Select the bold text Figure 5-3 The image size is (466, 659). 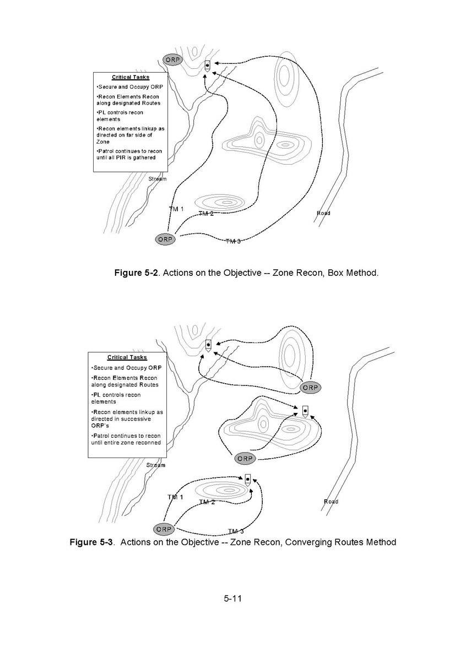[x=91, y=542]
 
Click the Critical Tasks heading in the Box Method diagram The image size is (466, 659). [x=131, y=78]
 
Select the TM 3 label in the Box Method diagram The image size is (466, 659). [x=233, y=241]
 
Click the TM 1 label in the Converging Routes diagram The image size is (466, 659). [x=175, y=497]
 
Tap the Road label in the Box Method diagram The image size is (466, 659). [x=323, y=213]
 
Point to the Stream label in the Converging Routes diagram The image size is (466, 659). [x=155, y=465]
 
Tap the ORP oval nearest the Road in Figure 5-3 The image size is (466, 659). [x=310, y=388]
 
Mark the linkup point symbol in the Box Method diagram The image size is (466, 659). [x=207, y=66]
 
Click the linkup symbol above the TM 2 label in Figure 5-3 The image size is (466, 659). [x=248, y=480]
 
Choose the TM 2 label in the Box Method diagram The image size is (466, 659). [x=205, y=214]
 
